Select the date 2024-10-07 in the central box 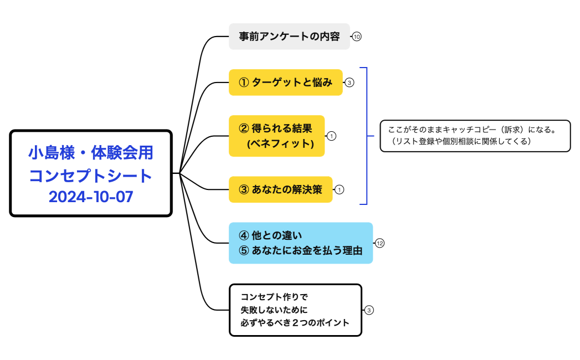click(91, 197)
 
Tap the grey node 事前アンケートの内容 click(289, 37)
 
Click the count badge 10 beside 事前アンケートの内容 click(357, 37)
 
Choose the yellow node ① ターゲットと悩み click(285, 83)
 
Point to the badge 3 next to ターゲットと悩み click(349, 83)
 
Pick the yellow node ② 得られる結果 click(276, 128)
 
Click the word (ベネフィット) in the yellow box click(280, 144)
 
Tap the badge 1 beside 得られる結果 click(331, 136)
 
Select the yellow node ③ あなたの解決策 click(280, 189)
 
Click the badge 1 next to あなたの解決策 click(340, 189)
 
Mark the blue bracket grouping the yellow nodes click(366, 136)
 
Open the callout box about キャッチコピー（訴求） click(475, 136)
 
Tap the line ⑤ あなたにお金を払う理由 click(300, 250)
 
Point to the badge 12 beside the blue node click(379, 243)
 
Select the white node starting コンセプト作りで click(295, 310)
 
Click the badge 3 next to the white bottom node click(369, 310)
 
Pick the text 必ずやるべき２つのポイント click(295, 323)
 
